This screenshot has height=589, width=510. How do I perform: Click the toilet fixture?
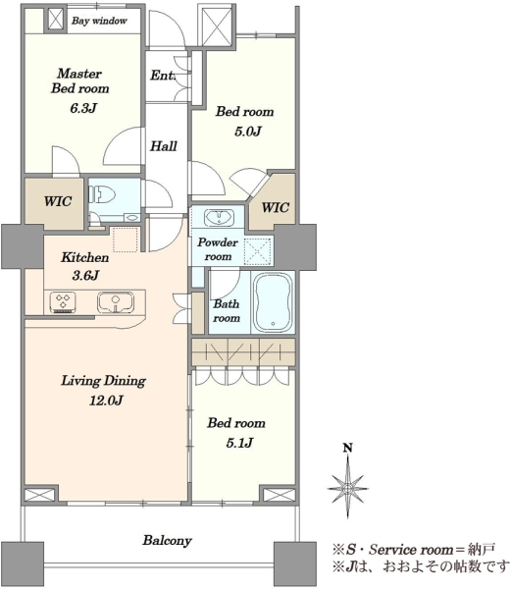(x=102, y=195)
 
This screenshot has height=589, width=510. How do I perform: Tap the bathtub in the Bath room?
(x=273, y=301)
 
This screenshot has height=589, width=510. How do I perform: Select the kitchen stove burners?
(x=63, y=302)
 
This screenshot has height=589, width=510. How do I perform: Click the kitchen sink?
(x=116, y=302)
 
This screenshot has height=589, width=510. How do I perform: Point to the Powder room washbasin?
(x=219, y=218)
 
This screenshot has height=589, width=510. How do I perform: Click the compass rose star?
(x=348, y=488)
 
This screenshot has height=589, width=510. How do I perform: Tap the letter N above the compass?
(x=348, y=448)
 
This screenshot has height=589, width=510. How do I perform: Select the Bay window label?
(x=99, y=21)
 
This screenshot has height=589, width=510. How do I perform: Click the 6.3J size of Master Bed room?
(x=83, y=108)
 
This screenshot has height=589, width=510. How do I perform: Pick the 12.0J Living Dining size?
(x=106, y=401)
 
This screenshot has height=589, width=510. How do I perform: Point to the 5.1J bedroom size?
(x=239, y=443)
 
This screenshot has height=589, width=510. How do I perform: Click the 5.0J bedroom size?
(x=248, y=132)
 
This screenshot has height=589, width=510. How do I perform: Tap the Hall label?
(x=164, y=145)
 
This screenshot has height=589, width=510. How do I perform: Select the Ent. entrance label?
(x=163, y=76)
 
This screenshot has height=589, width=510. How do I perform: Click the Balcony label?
(x=167, y=541)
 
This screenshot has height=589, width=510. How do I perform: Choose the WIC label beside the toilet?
(x=58, y=201)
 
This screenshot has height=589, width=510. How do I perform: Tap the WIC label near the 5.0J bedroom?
(x=275, y=207)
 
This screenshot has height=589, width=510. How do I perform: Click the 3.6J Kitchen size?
(x=85, y=276)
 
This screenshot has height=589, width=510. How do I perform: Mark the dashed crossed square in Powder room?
(x=257, y=251)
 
